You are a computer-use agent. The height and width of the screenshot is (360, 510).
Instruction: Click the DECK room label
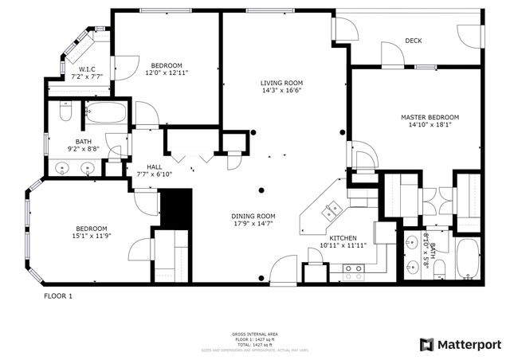[x=413, y=41]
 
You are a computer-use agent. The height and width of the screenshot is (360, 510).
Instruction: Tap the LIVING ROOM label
[x=281, y=83]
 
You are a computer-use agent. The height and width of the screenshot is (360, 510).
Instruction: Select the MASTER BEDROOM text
[x=430, y=117]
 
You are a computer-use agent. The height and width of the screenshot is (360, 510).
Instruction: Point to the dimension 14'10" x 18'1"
[x=430, y=125]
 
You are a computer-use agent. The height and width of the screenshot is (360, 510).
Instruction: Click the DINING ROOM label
[x=253, y=216]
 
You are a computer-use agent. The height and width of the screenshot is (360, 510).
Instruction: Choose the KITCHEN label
[x=343, y=238]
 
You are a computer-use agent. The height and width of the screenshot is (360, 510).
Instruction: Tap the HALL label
[x=143, y=166]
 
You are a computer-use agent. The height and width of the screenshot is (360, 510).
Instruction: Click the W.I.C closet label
[x=88, y=68]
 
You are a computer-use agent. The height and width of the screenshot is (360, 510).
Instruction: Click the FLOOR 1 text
[x=57, y=295]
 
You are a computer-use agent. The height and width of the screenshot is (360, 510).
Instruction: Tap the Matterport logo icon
[x=427, y=344]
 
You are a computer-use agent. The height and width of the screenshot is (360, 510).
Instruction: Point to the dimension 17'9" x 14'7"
[x=253, y=224]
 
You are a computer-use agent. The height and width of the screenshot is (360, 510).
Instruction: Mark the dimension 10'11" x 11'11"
[x=343, y=246]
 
